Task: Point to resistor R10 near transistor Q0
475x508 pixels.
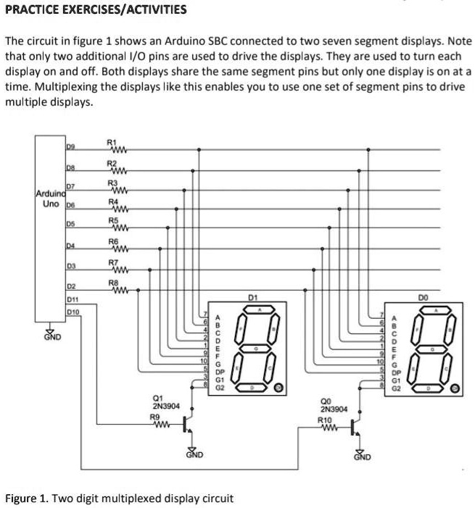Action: pos(326,428)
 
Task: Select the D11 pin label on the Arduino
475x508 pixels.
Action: pos(72,299)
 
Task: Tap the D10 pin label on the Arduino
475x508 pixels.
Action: pos(72,312)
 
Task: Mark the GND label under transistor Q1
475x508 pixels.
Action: pos(194,455)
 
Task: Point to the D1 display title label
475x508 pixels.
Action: pos(252,297)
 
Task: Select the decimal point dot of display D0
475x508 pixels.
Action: pos(455,388)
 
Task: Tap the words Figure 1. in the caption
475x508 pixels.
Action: pos(26,499)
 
